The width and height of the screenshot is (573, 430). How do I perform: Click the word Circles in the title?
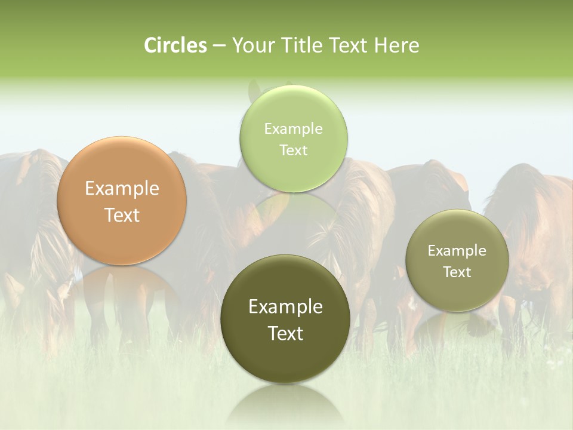tap(175, 45)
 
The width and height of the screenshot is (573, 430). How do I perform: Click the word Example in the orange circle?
tap(122, 189)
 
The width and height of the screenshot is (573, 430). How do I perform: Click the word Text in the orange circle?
tap(122, 216)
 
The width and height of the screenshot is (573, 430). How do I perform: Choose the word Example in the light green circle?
tap(293, 129)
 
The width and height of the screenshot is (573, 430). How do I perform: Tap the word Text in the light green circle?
tap(293, 150)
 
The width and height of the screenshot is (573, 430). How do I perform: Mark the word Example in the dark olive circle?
tap(285, 307)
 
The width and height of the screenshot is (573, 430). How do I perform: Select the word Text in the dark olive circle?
tap(285, 333)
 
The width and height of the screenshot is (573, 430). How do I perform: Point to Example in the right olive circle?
tap(457, 251)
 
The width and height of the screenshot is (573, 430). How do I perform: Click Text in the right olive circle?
tap(457, 272)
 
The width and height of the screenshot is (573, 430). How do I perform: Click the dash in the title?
tap(219, 45)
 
